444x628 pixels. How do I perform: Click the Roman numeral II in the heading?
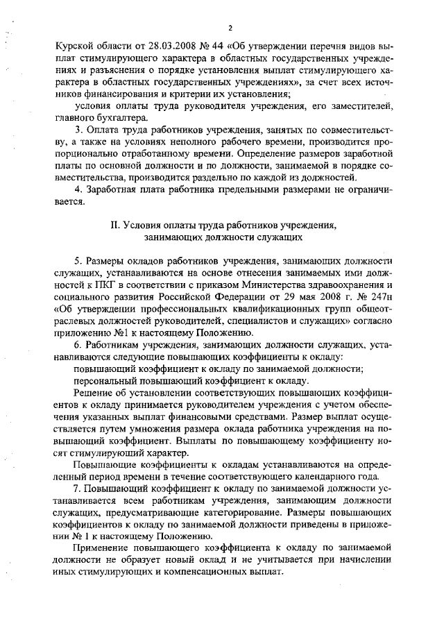tap(115, 226)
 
